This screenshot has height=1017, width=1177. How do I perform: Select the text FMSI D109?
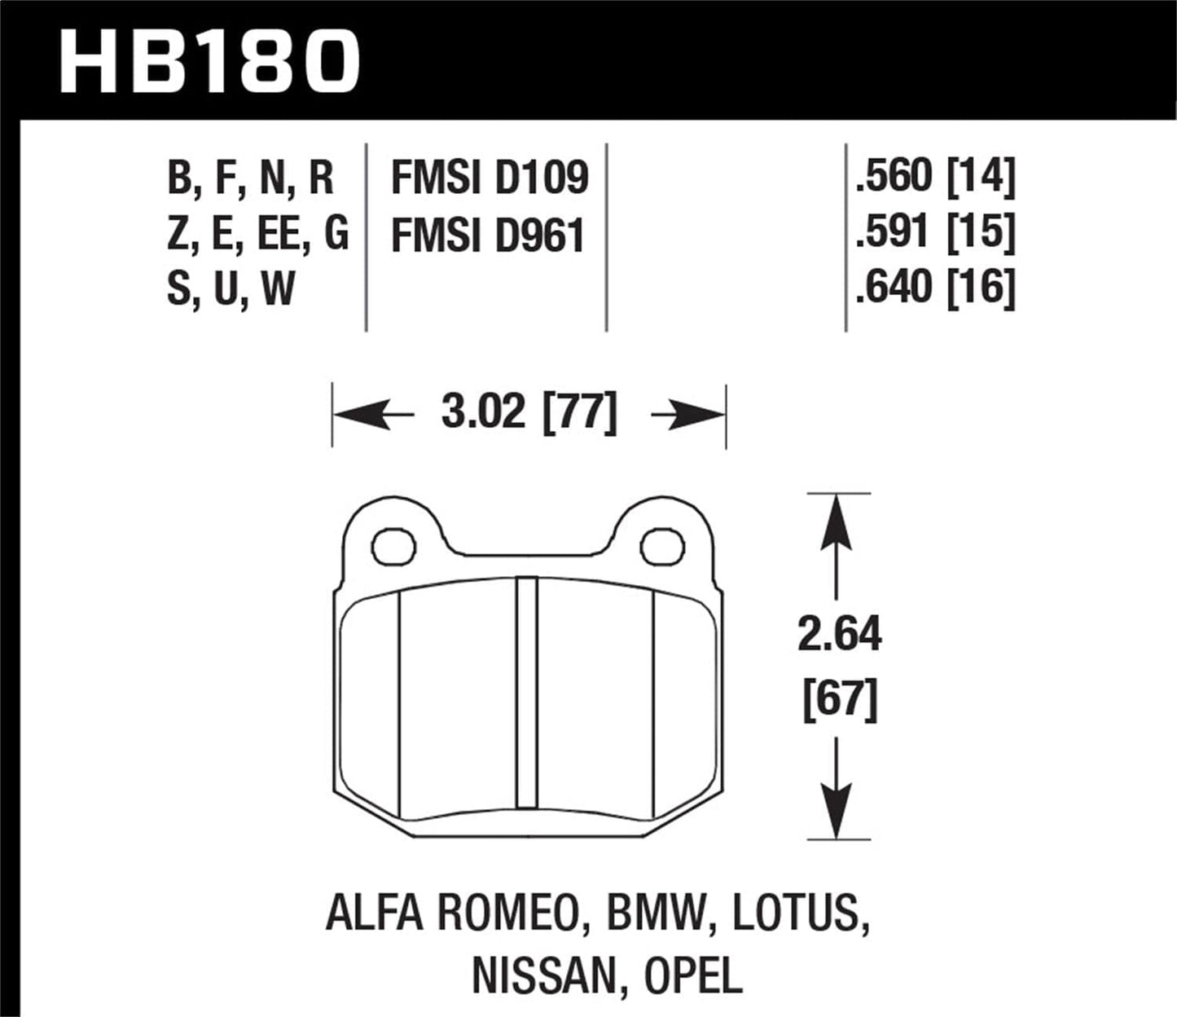pos(489,178)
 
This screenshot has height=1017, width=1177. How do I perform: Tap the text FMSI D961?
pos(488,236)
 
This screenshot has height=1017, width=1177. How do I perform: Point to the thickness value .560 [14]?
pos(935,176)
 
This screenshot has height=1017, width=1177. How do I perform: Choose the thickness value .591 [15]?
pos(935,232)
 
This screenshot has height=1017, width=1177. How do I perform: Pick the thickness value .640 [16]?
pos(935,287)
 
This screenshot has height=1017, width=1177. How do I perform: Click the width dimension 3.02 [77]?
pos(529,412)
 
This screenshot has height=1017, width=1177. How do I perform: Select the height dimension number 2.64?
pos(839,634)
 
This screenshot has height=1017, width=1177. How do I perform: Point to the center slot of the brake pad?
pos(528,691)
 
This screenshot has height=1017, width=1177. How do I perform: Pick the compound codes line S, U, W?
pos(231,288)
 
